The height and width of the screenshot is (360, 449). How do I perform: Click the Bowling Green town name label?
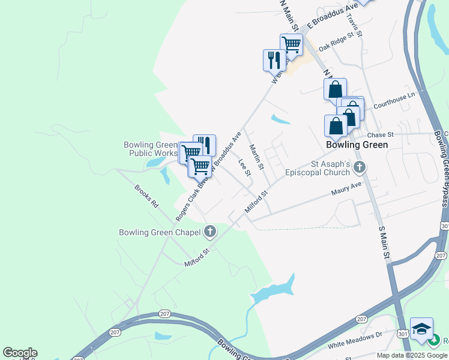pyautogui.click(x=357, y=145)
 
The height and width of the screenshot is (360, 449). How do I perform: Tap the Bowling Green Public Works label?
pyautogui.click(x=149, y=149)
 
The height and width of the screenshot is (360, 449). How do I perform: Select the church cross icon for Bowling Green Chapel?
pyautogui.click(x=210, y=230)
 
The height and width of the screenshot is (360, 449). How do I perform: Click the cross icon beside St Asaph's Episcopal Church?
pyautogui.click(x=360, y=167)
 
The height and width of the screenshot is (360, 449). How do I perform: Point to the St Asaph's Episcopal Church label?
pyautogui.click(x=330, y=167)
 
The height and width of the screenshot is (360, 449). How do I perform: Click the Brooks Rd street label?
pyautogui.click(x=146, y=196)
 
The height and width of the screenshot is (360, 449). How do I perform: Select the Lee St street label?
pyautogui.click(x=244, y=167)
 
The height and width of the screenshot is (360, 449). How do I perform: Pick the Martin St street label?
pyautogui.click(x=257, y=157)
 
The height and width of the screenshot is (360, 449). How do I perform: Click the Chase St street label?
pyautogui.click(x=380, y=135)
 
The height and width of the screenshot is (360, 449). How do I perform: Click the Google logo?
pyautogui.click(x=20, y=353)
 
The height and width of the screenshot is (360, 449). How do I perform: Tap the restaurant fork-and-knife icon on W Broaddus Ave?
pyautogui.click(x=274, y=60)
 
